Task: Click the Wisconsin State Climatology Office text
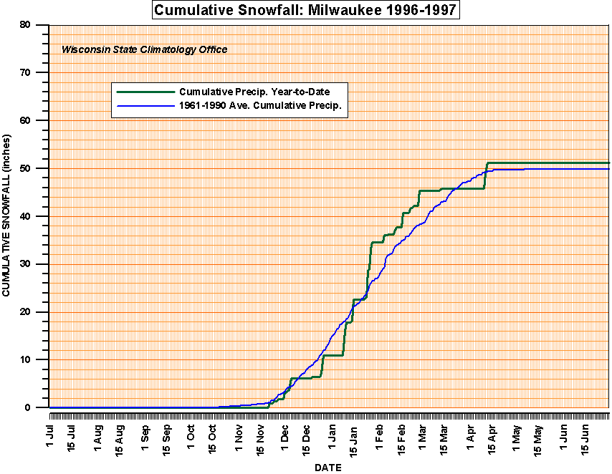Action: click(145, 50)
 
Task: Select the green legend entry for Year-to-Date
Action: click(263, 92)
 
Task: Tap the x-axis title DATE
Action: click(328, 468)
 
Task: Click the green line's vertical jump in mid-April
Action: click(486, 175)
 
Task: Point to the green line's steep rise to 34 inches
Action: click(370, 265)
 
